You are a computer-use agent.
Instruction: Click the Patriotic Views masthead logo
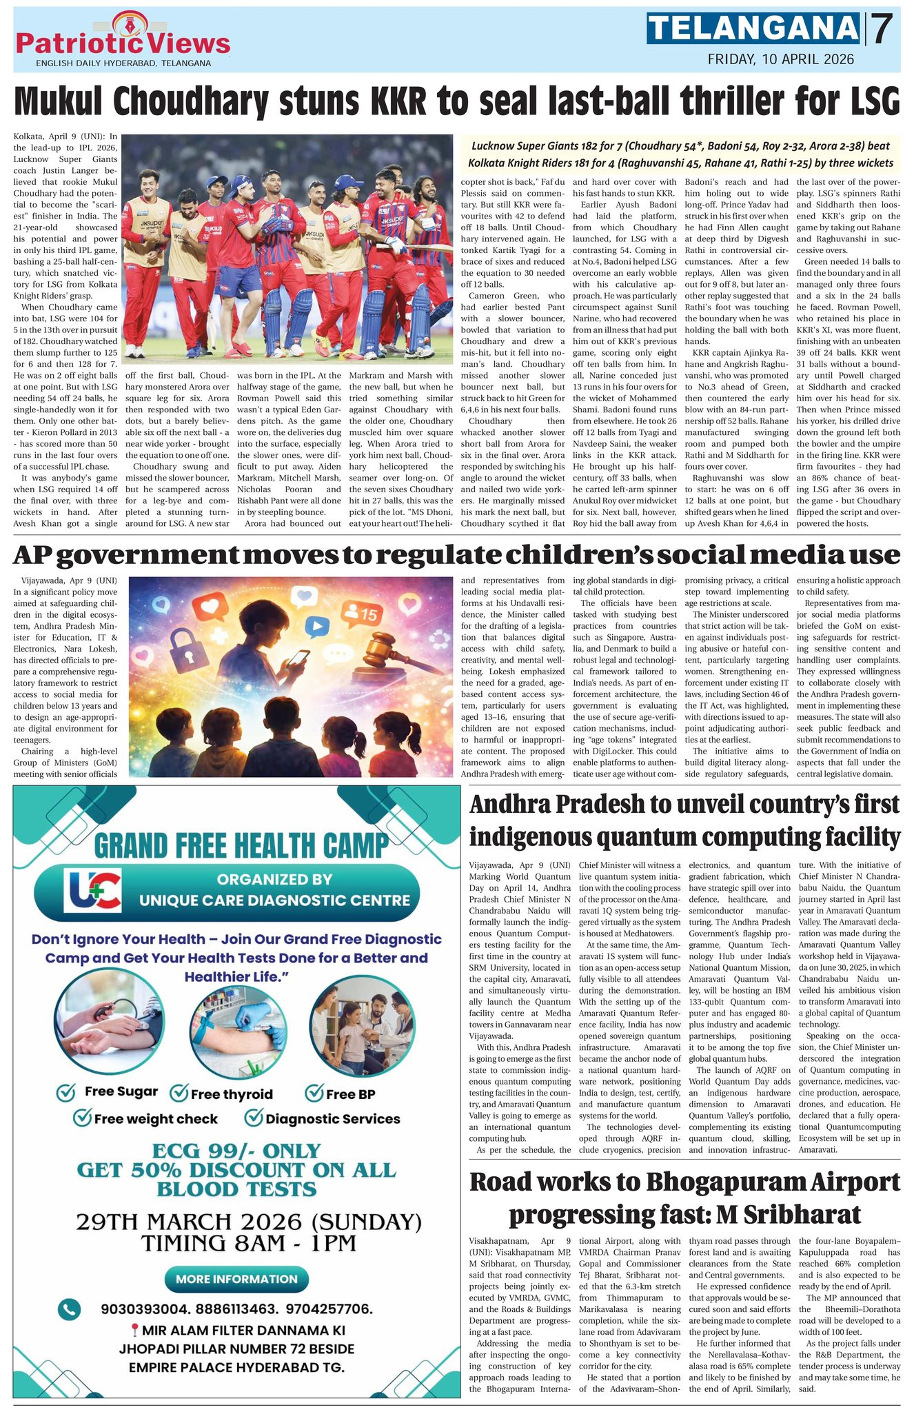(x=122, y=39)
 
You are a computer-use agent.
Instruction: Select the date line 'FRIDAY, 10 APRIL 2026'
(x=781, y=59)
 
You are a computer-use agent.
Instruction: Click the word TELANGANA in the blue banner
(x=753, y=29)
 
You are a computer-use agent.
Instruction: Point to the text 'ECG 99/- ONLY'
(x=237, y=1151)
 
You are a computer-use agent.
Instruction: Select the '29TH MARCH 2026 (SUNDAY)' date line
(x=249, y=1222)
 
